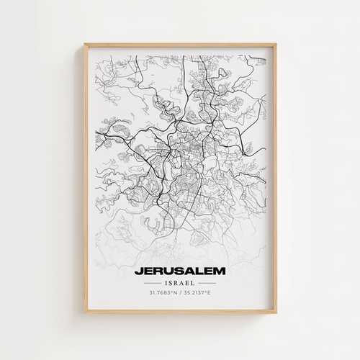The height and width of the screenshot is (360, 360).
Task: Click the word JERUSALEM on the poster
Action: pyautogui.click(x=179, y=271)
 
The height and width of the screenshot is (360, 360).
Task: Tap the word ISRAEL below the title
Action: pyautogui.click(x=179, y=283)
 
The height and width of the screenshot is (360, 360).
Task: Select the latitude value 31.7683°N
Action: pyautogui.click(x=163, y=293)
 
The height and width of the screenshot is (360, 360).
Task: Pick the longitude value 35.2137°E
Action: pyautogui.click(x=197, y=293)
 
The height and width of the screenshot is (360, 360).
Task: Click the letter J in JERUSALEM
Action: pyautogui.click(x=137, y=271)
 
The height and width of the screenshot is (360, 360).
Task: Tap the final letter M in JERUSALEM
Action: pyautogui.click(x=220, y=271)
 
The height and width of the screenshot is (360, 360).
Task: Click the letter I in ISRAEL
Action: pyautogui.click(x=165, y=283)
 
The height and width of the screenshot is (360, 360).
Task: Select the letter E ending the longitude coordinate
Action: pyautogui.click(x=209, y=293)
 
